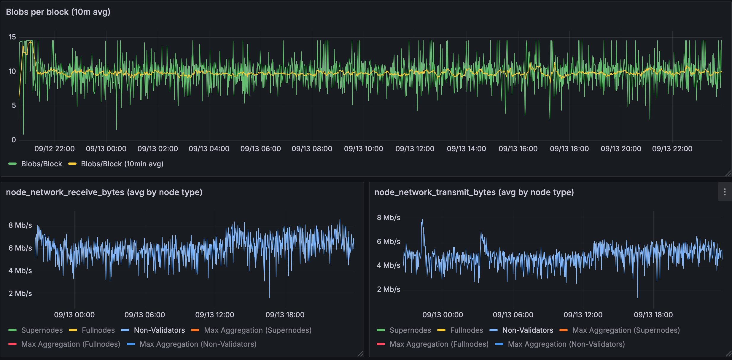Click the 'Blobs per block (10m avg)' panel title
click(x=58, y=12)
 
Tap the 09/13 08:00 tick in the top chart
click(x=312, y=149)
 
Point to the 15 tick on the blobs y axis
click(x=12, y=37)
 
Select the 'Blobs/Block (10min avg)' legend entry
click(x=122, y=164)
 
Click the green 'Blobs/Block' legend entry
click(x=42, y=164)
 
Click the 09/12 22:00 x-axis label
click(x=55, y=149)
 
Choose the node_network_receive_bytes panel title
click(x=104, y=192)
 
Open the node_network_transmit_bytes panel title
click(x=474, y=192)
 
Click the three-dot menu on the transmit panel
click(x=725, y=192)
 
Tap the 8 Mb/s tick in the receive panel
click(x=20, y=225)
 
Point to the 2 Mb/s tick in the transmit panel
click(x=389, y=289)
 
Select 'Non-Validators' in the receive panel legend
click(x=159, y=330)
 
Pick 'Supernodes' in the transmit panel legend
click(x=410, y=330)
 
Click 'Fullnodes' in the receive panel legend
click(x=98, y=330)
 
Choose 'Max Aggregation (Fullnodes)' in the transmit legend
click(x=439, y=344)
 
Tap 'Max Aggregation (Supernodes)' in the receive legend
click(x=258, y=330)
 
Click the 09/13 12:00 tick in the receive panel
click(x=215, y=315)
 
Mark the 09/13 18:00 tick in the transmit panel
click(x=653, y=315)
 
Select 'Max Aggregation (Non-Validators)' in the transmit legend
click(x=566, y=344)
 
